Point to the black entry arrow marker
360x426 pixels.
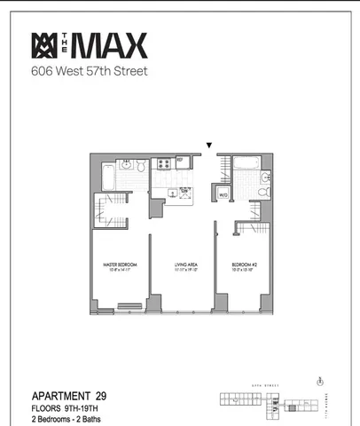click(x=209, y=145)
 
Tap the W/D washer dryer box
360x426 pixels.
click(x=224, y=195)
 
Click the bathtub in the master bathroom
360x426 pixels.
click(x=107, y=176)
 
